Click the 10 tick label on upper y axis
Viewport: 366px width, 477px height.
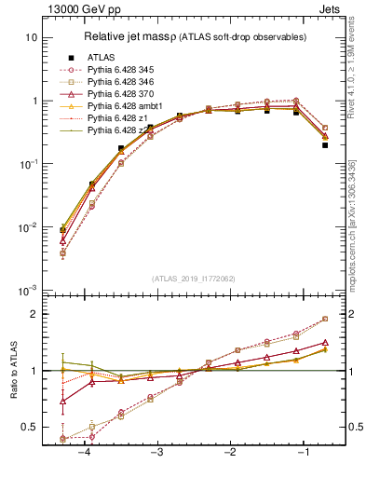tap(31, 37)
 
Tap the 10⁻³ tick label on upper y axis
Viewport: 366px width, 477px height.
tap(29, 291)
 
